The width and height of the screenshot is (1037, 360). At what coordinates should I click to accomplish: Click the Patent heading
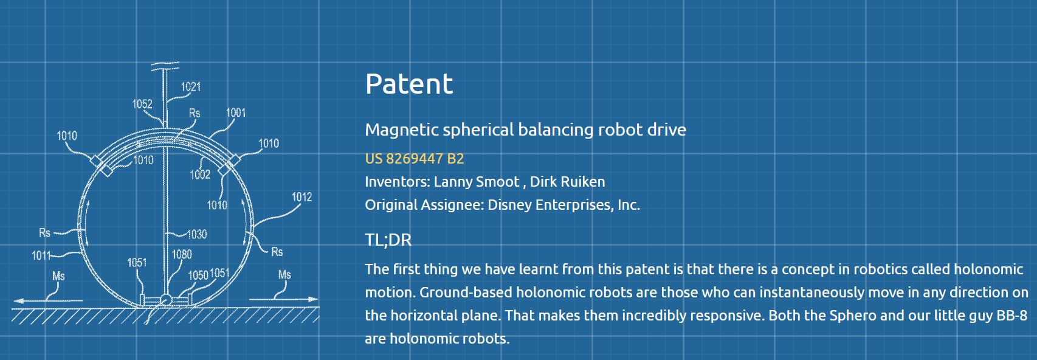coord(408,84)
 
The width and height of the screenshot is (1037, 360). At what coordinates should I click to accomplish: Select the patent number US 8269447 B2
coord(415,159)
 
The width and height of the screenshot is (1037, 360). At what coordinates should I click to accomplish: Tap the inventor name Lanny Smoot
coord(477,182)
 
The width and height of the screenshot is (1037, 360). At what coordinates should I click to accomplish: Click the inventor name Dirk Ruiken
coord(567,182)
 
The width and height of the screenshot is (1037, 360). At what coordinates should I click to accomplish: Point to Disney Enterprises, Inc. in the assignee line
coord(564,205)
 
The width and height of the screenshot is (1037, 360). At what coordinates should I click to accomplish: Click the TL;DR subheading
coord(388,240)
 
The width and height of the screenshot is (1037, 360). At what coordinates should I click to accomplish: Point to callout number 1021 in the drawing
coord(191,86)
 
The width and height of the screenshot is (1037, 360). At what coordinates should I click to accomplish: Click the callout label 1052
coord(142,104)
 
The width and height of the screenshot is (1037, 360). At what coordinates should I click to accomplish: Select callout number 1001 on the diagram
coord(236,112)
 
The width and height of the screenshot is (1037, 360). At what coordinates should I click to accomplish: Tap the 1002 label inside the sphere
coord(200,174)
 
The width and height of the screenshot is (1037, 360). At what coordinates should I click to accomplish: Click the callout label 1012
coord(302,197)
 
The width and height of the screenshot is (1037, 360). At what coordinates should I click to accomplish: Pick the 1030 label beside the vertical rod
coord(197,234)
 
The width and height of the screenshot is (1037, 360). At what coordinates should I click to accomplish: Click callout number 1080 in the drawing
coord(182,254)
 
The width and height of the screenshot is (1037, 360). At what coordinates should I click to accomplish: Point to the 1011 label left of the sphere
coord(41,255)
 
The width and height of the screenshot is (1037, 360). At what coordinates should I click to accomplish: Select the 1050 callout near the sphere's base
coord(198,275)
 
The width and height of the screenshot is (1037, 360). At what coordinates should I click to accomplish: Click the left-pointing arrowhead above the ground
coord(18,300)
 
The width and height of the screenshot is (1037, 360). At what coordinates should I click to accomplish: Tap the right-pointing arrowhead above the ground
coord(314,299)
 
